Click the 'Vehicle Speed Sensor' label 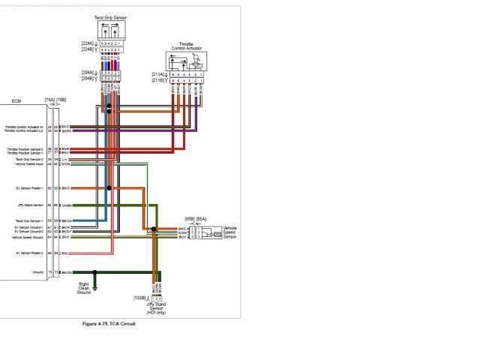(x=230, y=231)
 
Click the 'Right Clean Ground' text (x=84, y=289)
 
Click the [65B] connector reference (x=190, y=218)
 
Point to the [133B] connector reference (x=140, y=298)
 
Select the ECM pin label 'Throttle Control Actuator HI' (x=24, y=127)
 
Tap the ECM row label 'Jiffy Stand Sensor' (x=30, y=205)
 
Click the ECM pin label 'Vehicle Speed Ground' (x=28, y=237)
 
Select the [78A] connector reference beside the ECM (x=49, y=99)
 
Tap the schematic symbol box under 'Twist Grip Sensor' (x=109, y=31)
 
